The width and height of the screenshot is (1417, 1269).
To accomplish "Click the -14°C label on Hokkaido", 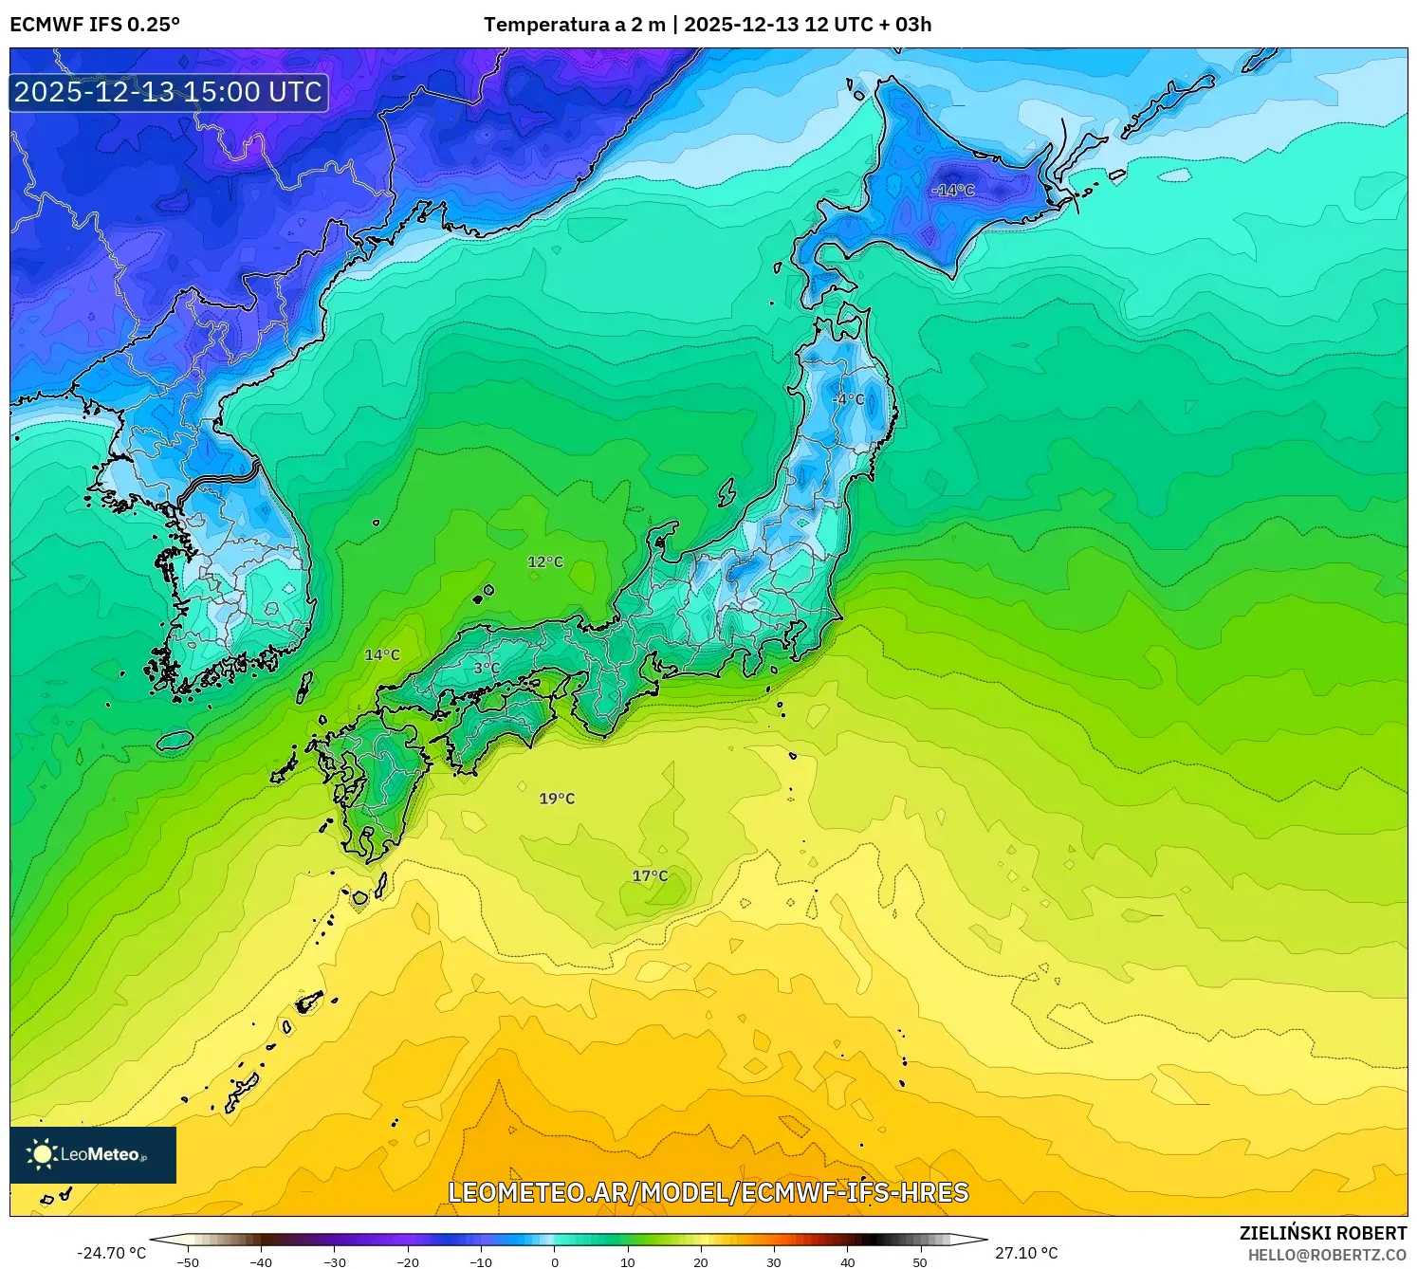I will coord(952,191).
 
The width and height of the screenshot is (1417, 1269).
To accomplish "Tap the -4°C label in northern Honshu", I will coord(848,399).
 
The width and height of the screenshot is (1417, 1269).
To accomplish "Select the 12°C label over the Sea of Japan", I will coord(545,561).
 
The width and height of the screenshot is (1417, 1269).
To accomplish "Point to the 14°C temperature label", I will coord(382,654).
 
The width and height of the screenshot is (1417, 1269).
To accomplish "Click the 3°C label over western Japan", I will coord(487,668).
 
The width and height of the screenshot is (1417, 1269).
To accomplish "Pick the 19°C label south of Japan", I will coord(557,799).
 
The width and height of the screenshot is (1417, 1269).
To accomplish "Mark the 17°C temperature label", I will coord(650,875).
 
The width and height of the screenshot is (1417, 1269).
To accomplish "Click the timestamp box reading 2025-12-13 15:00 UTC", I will coord(169,92).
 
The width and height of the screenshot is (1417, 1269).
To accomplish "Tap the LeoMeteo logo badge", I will coord(93,1154).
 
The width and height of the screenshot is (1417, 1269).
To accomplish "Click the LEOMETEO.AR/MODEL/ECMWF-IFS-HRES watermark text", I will coord(708,1192).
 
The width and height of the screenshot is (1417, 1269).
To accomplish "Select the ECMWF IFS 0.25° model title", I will coord(95,25).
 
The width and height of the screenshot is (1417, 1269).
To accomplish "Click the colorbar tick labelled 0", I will coord(555,1261).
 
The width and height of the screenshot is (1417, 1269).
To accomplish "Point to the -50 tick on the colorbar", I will coord(188,1261).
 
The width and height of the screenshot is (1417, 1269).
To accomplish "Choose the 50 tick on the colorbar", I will coord(920,1261).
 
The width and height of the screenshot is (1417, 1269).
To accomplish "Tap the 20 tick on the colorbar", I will coord(701,1261).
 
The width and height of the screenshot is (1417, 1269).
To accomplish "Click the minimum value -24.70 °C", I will coord(111,1253).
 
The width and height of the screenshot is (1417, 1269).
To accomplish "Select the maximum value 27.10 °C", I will coord(1026,1253).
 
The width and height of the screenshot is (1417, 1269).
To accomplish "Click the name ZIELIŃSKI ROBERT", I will coord(1323,1233).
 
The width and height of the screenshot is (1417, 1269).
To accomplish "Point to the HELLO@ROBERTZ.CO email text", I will coord(1327,1255).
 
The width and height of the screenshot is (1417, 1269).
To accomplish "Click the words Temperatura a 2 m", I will coord(574,25).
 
